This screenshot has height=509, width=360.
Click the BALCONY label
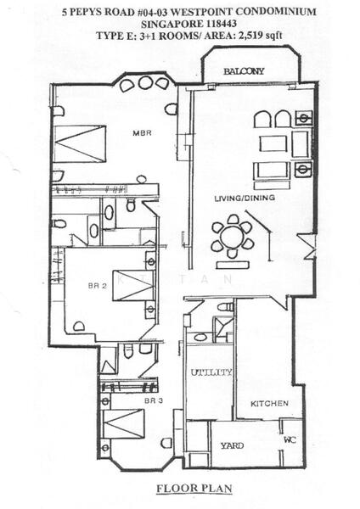click(x=245, y=71)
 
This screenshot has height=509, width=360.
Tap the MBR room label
click(x=141, y=132)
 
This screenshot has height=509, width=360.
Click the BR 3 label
click(x=153, y=400)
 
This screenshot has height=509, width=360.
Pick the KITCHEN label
click(x=270, y=403)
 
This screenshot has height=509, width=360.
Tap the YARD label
click(x=232, y=445)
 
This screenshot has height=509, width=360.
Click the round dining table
click(x=232, y=237)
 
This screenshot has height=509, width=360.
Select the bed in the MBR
click(x=79, y=143)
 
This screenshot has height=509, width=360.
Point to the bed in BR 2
click(x=134, y=285)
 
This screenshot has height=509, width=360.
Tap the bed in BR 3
click(x=124, y=422)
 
